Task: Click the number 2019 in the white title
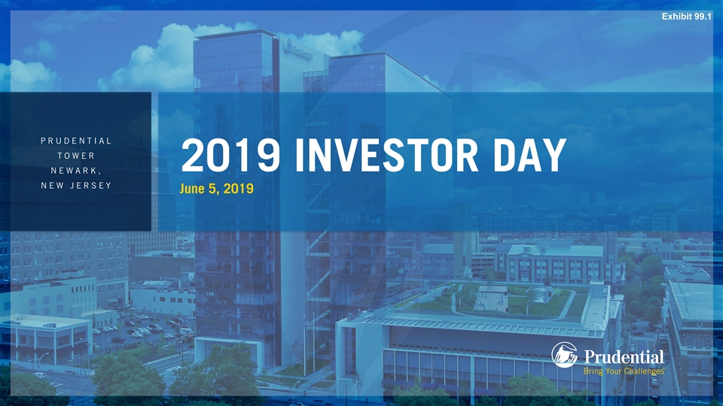click(230, 155)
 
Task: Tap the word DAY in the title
click(529, 155)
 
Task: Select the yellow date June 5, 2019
click(216, 188)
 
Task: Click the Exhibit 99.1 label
click(687, 17)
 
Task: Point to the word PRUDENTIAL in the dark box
click(76, 141)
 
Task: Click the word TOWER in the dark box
click(76, 156)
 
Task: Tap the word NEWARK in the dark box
click(76, 171)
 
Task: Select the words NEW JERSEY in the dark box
click(76, 186)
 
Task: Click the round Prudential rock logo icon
click(564, 355)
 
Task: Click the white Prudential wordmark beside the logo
click(624, 356)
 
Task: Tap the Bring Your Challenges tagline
click(624, 371)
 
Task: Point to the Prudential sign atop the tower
click(298, 50)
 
